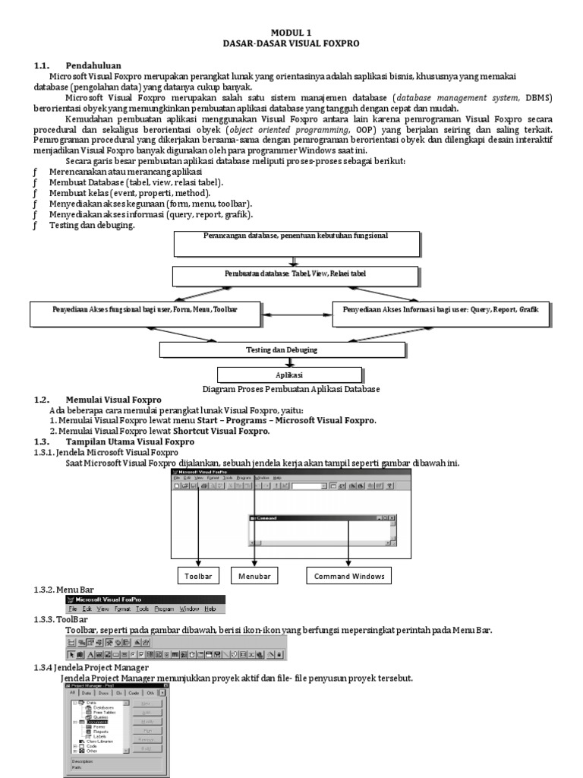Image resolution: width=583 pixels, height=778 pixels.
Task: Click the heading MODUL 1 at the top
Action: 291,33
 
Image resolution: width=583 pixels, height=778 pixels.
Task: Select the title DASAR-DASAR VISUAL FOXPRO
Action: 291,43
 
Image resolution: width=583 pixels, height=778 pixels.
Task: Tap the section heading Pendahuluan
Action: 93,65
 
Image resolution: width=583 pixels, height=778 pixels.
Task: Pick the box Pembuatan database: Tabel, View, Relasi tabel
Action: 296,274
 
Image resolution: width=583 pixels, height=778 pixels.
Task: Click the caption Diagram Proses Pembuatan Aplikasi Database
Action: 292,389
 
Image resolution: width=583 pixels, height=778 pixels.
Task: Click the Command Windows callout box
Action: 349,576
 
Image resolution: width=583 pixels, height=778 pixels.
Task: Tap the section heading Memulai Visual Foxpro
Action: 113,400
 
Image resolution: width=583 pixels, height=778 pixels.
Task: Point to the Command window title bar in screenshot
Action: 319,517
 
